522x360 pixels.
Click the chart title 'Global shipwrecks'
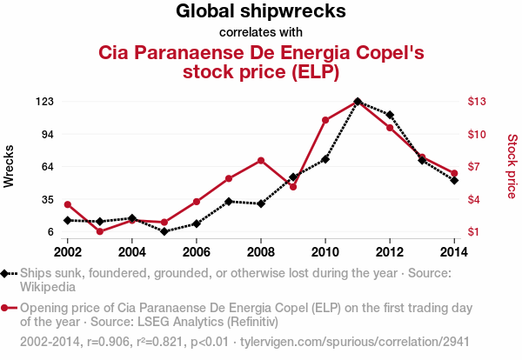click(261, 12)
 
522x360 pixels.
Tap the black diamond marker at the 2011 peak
click(358, 102)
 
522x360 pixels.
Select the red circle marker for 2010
click(325, 120)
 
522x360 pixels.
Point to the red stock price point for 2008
click(261, 160)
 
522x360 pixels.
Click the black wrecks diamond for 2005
click(164, 232)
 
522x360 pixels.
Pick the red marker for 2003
click(100, 231)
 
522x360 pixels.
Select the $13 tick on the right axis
click(477, 102)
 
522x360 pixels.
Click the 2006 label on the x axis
click(197, 252)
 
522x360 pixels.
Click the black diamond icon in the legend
click(8, 273)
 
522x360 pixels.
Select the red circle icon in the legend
click(8, 308)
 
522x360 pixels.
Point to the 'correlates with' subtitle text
click(261, 33)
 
